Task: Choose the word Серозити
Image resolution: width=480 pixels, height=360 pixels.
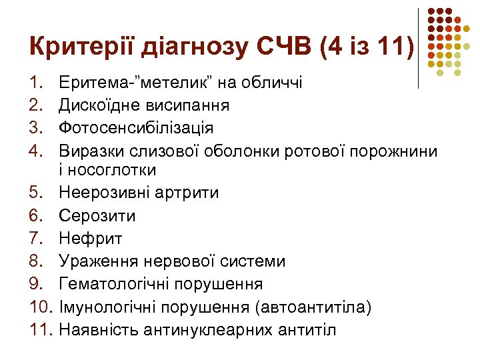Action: [97, 217]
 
